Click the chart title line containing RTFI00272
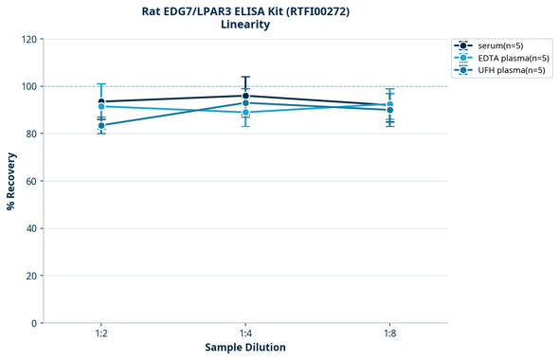point(244,10)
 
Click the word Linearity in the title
point(244,25)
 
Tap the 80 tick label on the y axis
point(31,134)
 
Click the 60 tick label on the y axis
point(31,181)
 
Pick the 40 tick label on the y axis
point(31,228)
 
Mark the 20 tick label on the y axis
point(31,276)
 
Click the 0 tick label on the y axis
point(34,323)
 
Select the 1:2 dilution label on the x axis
point(101,334)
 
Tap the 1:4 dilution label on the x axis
point(245,334)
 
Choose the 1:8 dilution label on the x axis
point(389,334)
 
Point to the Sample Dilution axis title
point(245,348)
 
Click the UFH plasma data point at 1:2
point(101,125)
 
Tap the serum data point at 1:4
point(245,96)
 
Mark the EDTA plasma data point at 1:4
point(245,113)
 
